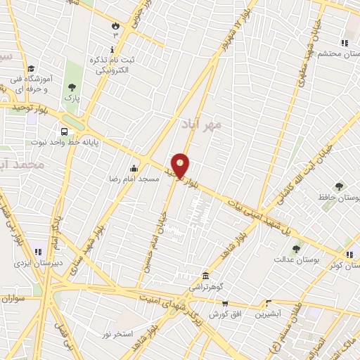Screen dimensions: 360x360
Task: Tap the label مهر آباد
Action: [201, 124]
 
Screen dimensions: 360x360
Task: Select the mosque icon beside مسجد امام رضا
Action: [134, 168]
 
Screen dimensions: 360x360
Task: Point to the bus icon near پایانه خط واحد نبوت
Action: [65, 131]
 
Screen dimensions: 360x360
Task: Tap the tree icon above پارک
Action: [72, 87]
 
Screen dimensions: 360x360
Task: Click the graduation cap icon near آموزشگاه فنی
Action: [31, 69]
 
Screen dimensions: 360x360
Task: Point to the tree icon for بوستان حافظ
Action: [340, 186]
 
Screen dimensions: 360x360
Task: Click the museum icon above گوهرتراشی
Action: [205, 275]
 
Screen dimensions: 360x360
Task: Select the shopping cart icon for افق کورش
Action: [225, 304]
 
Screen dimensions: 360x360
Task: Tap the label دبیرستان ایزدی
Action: [38, 263]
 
